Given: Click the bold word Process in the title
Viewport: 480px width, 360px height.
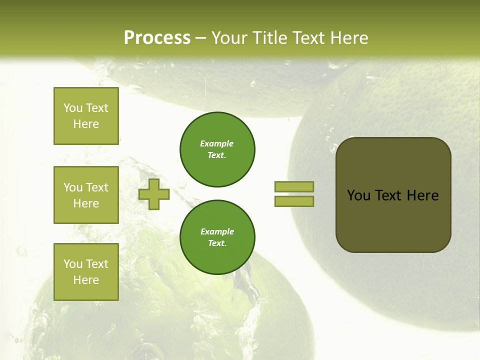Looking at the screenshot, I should [157, 38].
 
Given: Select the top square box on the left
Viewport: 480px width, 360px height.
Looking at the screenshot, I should [86, 116].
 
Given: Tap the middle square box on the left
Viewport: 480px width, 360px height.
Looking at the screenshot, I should [86, 195].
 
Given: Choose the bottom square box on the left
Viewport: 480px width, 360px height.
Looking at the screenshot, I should [86, 271].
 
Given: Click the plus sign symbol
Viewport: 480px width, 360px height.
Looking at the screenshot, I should [154, 194].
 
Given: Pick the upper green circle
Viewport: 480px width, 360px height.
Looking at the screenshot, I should [217, 149].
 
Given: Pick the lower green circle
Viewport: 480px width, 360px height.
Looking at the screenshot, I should [217, 237].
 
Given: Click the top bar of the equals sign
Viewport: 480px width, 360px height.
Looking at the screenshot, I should [294, 186].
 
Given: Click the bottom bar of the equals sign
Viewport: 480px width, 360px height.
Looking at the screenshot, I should [294, 201].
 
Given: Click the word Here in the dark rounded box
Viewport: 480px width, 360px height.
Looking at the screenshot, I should [422, 195].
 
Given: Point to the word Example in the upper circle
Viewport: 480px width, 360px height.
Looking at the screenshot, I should [216, 143].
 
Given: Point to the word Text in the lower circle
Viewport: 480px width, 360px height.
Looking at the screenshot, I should [216, 243].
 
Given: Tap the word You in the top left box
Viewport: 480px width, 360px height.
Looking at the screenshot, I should [73, 108].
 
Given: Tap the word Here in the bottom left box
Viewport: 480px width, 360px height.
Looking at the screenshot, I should [86, 280].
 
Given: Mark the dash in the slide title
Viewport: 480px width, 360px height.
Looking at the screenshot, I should [200, 38].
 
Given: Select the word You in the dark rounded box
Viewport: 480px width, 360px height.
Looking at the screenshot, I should [358, 195].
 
